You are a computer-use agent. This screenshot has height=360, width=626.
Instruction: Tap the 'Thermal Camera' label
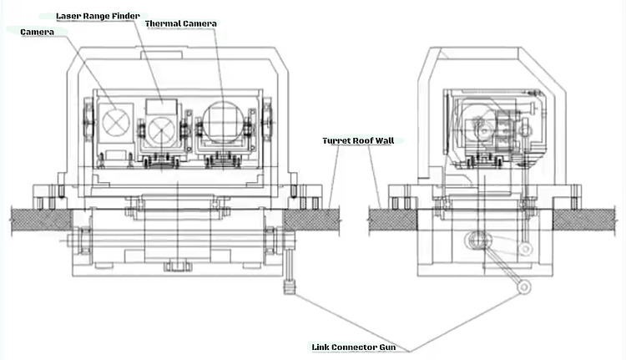coord(180,23)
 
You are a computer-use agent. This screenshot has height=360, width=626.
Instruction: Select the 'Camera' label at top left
coord(37,31)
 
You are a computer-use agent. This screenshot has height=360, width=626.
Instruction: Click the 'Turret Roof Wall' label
coord(358,140)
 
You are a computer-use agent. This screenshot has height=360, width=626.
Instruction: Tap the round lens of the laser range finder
coord(161,129)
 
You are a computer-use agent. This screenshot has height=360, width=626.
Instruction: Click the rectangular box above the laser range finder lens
coord(162,107)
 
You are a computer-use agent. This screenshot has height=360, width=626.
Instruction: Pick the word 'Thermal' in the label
coord(163,23)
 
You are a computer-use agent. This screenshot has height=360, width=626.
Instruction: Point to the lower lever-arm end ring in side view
coord(523,286)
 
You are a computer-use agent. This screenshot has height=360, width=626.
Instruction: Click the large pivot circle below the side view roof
coord(477,241)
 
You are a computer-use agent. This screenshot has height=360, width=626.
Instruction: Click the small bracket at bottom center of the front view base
coord(174,266)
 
